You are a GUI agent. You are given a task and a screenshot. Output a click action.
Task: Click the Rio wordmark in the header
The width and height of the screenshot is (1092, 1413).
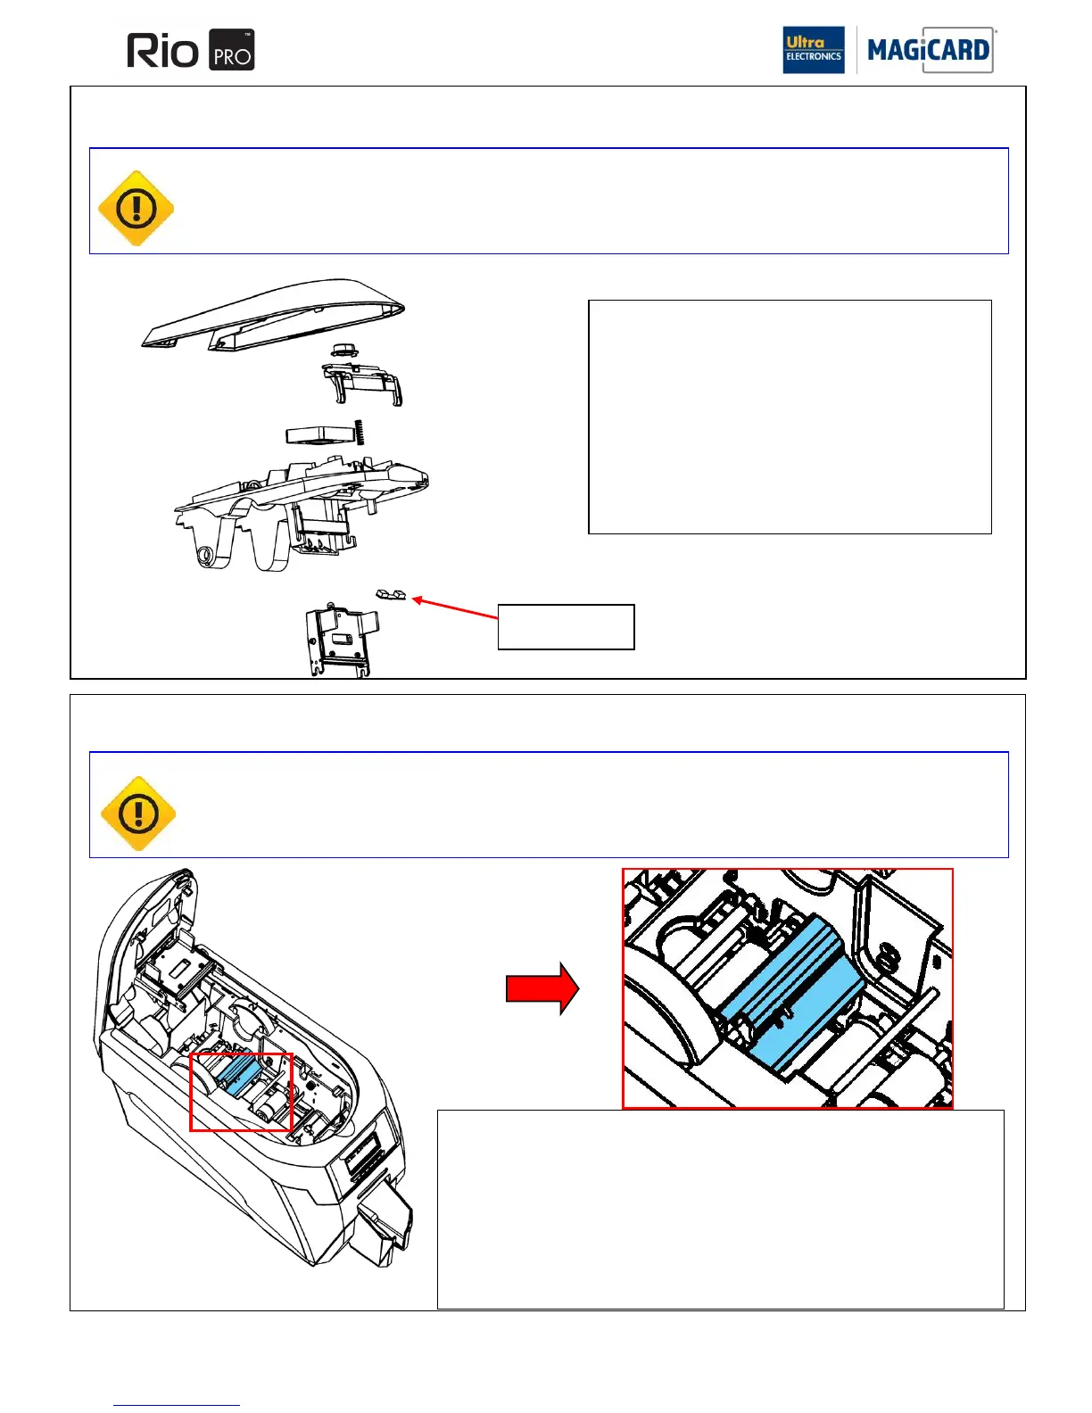(x=162, y=51)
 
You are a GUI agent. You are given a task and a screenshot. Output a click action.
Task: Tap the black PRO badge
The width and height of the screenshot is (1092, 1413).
(x=232, y=51)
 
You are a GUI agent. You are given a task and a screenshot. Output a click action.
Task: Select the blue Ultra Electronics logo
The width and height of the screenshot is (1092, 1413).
(x=813, y=50)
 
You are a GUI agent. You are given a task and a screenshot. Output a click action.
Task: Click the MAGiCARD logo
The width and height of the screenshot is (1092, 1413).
(x=928, y=50)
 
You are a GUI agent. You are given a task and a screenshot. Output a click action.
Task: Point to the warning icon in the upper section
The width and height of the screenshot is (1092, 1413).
(x=136, y=209)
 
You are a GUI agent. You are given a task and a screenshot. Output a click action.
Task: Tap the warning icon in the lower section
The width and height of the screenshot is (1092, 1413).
(x=138, y=814)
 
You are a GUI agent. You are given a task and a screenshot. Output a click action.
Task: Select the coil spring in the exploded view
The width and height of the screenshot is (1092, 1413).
(x=361, y=434)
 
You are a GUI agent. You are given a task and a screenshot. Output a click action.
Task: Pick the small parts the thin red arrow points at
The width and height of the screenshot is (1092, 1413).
(x=390, y=594)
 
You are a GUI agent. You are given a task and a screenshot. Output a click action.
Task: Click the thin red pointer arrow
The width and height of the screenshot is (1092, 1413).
(x=455, y=607)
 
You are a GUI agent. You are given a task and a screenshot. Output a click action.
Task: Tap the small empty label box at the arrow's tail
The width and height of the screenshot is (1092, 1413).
(x=566, y=627)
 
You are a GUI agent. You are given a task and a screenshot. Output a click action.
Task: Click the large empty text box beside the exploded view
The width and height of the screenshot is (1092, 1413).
(x=790, y=417)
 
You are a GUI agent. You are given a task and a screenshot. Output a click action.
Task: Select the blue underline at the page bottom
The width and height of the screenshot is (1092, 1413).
(x=177, y=1405)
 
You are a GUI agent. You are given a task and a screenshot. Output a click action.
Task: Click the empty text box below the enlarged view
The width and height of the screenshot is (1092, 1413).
(x=720, y=1209)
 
